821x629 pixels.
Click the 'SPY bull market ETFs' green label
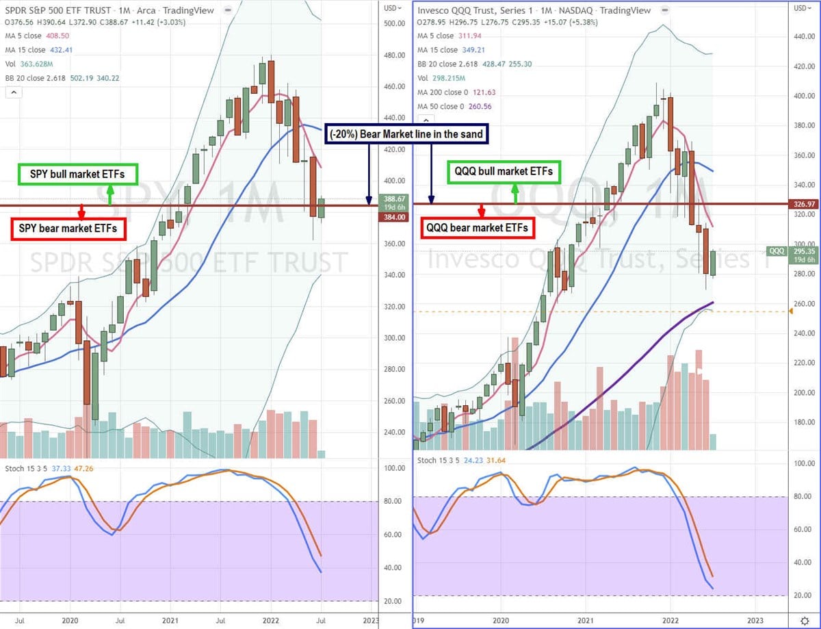click(77, 175)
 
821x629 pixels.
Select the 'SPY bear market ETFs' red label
click(69, 228)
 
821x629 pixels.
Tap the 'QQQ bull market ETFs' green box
click(500, 171)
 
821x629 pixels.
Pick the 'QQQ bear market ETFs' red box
click(478, 228)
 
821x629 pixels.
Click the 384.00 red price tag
click(392, 217)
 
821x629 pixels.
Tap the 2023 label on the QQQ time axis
click(755, 621)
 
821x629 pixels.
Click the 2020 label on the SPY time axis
click(70, 621)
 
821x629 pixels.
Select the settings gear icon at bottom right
click(804, 621)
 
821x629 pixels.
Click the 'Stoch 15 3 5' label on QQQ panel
click(437, 461)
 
